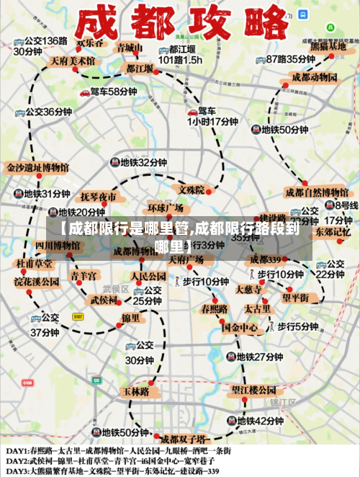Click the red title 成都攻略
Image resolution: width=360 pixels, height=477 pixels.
point(180,24)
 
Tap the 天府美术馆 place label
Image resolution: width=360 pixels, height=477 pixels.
point(72,61)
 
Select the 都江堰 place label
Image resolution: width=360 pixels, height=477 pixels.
point(140,68)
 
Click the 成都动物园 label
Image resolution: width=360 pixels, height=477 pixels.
point(315,76)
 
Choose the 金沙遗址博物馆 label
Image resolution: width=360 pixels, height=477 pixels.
point(37,167)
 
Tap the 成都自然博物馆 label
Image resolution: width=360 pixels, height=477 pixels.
point(317,192)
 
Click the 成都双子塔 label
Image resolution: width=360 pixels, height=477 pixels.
point(184,438)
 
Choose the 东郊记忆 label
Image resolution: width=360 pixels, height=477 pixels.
point(333,233)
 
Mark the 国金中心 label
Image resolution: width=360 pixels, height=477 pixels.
point(240,328)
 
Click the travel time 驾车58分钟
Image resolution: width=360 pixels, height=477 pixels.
point(108,92)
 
